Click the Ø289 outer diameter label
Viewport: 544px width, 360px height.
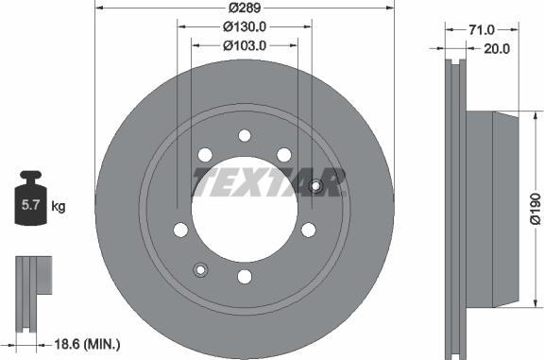click(245, 8)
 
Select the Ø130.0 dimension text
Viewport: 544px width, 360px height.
click(245, 26)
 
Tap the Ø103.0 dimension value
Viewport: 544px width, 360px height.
click(245, 45)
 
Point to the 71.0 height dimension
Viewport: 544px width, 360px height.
click(482, 30)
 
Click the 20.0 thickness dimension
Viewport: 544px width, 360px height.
click(497, 49)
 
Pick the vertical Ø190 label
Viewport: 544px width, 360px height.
click(535, 209)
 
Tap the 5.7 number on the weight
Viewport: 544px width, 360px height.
click(31, 205)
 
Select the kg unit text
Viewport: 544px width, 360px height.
click(59, 207)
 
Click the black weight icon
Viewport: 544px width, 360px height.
click(31, 198)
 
